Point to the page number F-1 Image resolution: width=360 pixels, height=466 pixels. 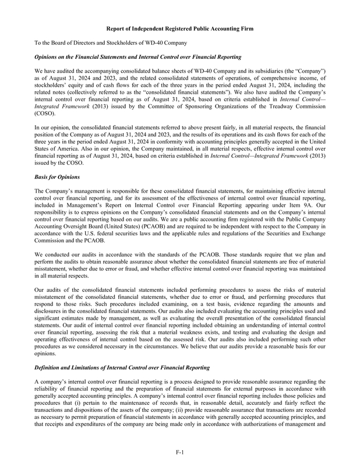point(180,451)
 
